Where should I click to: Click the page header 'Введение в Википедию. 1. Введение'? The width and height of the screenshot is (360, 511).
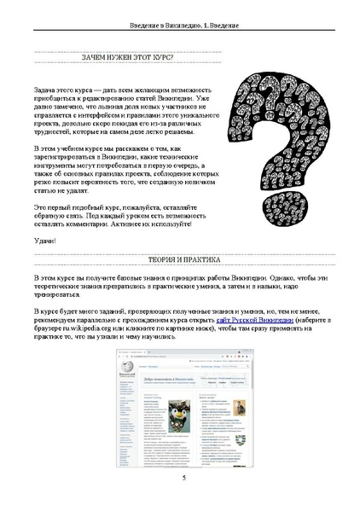click(x=180, y=27)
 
